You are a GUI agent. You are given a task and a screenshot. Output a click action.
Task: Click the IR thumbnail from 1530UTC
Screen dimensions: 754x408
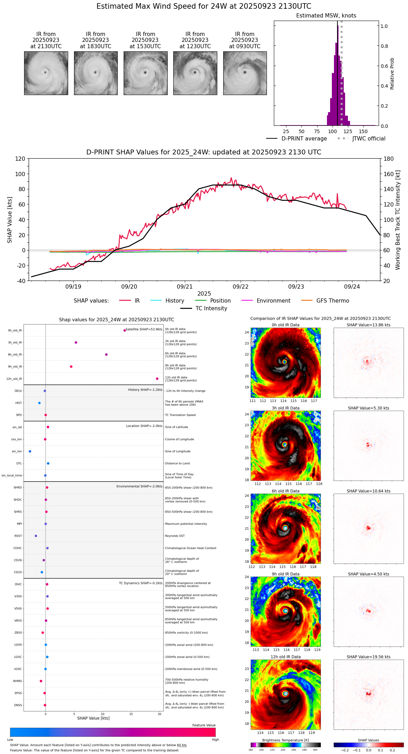(x=145, y=73)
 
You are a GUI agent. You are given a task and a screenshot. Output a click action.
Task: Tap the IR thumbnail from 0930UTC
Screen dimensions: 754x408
(x=245, y=73)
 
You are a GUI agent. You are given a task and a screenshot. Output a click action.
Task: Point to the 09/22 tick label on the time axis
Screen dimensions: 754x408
(x=240, y=287)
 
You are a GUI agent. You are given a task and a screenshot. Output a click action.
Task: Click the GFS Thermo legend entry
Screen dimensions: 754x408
(x=333, y=301)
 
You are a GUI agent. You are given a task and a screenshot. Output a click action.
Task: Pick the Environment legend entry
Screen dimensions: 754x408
(x=273, y=301)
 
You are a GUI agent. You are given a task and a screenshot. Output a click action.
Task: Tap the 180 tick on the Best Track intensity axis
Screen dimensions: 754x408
(x=389, y=159)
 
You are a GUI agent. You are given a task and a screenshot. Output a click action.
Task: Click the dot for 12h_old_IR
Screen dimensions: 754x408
(x=157, y=379)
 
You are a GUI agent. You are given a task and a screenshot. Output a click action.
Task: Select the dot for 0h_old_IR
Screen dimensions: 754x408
(x=125, y=331)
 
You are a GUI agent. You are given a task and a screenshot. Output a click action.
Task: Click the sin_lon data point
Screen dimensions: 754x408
(x=30, y=451)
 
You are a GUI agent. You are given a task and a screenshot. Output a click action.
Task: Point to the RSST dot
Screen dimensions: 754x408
(x=36, y=536)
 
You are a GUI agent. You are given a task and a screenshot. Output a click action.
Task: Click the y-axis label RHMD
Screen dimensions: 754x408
(x=17, y=681)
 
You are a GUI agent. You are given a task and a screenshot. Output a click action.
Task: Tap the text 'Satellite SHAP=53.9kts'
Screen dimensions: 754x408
(x=144, y=329)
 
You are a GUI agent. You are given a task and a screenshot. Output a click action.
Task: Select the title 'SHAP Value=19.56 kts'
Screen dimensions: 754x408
(x=369, y=657)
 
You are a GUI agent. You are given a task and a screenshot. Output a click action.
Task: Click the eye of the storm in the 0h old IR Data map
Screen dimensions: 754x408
(x=285, y=362)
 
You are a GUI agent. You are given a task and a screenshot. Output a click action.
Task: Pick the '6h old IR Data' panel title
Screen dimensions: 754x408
(x=285, y=491)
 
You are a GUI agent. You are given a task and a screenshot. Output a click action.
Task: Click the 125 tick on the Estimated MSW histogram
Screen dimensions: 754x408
(x=348, y=132)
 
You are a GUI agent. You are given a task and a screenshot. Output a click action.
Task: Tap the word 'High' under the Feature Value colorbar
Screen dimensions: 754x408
(x=215, y=740)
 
